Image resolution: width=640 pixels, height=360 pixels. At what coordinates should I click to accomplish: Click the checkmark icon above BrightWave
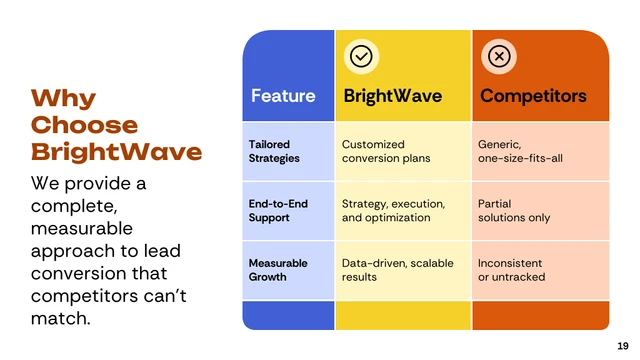click(x=360, y=57)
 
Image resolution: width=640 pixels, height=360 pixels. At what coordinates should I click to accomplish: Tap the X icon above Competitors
click(x=498, y=57)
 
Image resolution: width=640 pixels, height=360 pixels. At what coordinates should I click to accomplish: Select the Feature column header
click(x=283, y=96)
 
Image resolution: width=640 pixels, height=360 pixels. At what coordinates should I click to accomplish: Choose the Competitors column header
click(x=533, y=96)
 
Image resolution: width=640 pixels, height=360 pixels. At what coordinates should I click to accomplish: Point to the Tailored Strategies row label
click(x=274, y=151)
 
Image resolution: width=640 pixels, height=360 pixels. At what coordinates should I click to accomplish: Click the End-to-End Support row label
click(x=278, y=210)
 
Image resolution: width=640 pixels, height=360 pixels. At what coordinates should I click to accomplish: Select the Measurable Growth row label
click(x=278, y=270)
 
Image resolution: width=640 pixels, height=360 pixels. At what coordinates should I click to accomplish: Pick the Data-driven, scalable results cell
click(x=397, y=270)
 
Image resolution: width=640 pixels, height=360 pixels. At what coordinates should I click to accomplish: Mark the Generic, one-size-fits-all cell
click(x=519, y=151)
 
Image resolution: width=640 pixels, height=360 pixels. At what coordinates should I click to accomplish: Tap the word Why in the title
click(x=63, y=98)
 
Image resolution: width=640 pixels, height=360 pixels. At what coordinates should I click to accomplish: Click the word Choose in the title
click(x=84, y=125)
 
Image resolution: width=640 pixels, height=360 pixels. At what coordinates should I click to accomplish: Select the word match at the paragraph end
click(x=60, y=319)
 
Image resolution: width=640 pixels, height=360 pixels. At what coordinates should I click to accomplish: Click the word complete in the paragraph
click(x=74, y=207)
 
